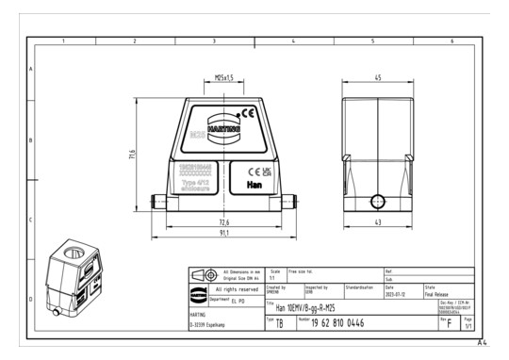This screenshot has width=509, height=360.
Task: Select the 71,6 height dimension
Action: pos(134,153)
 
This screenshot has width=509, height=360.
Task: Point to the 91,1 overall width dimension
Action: pos(224,233)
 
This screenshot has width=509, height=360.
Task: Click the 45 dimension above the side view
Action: pos(376,79)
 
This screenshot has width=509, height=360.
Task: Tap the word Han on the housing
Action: pos(253,187)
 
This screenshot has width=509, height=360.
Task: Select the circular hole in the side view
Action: pos(377,202)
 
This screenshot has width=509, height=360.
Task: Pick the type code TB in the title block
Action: pos(280,323)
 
